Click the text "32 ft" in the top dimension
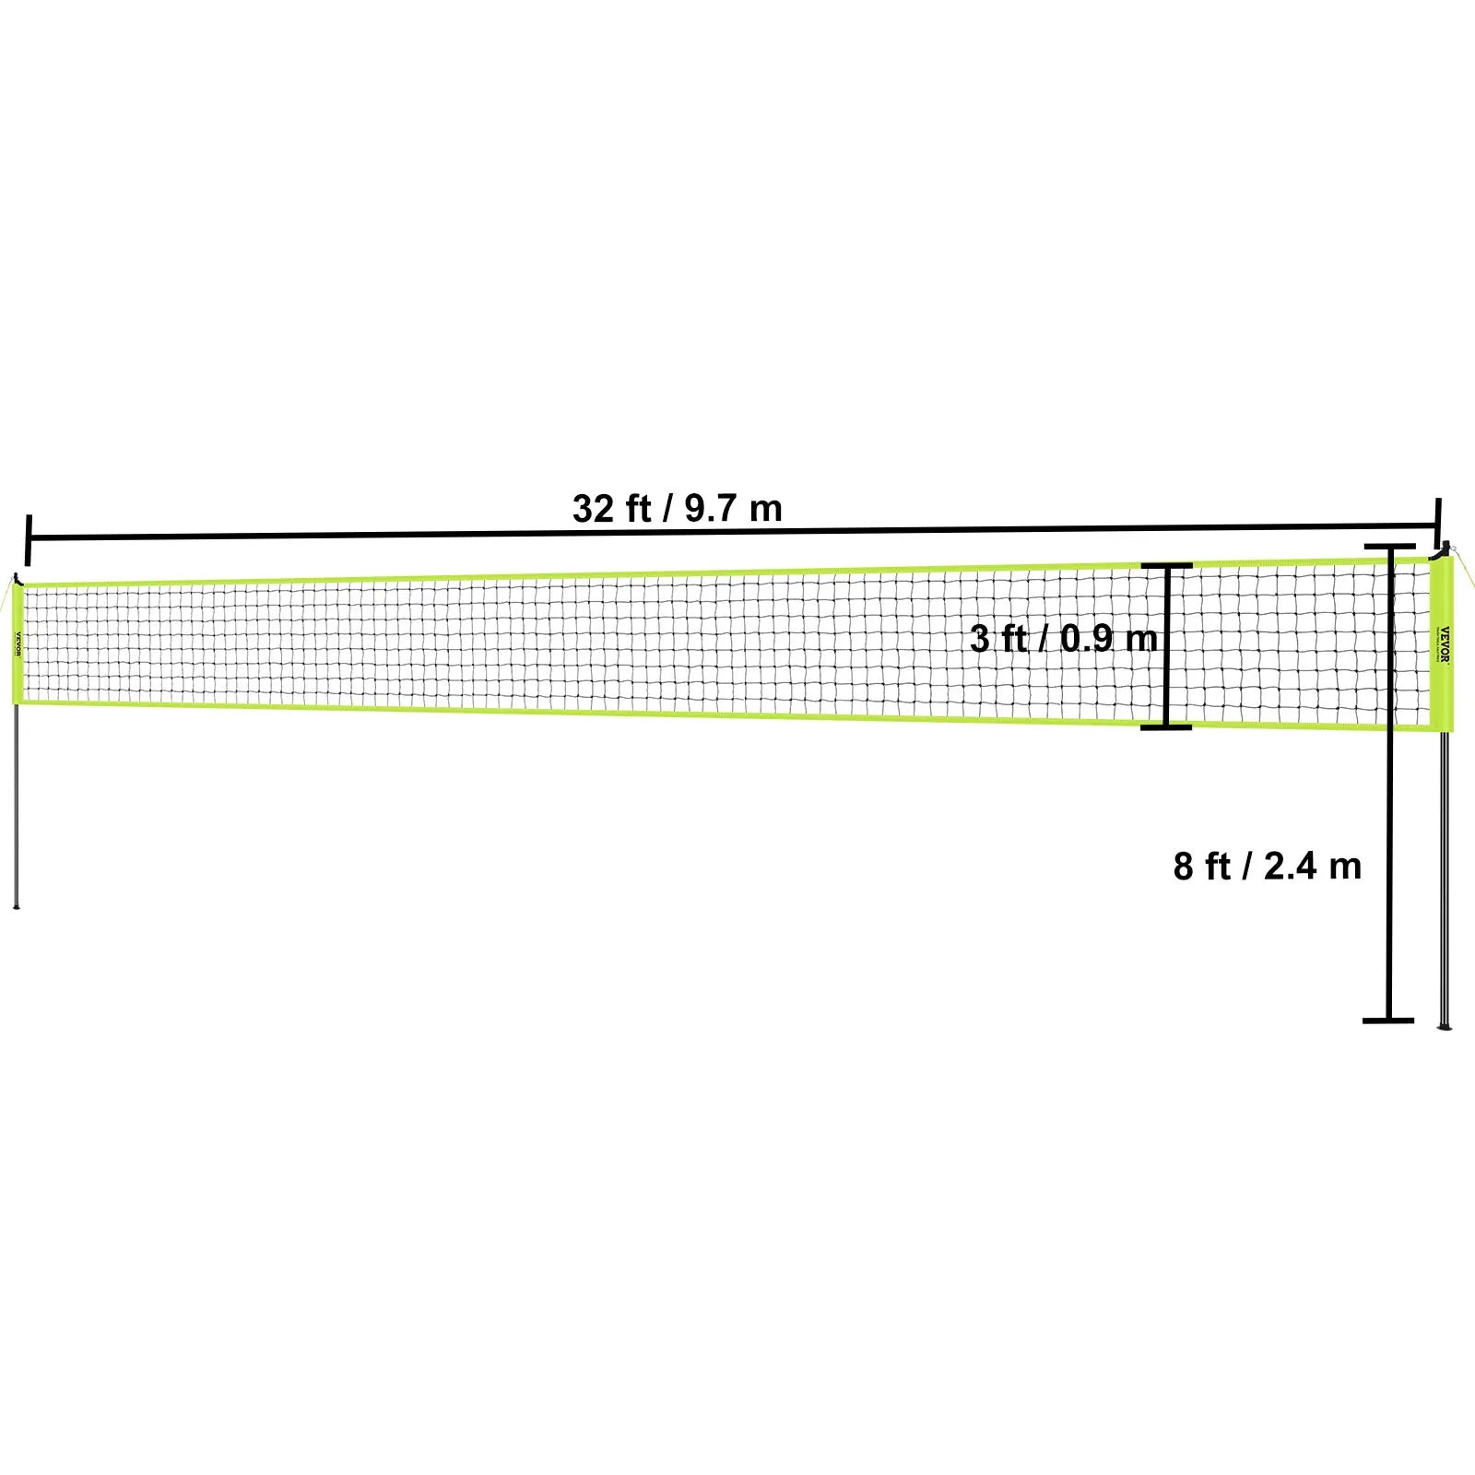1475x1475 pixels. [611, 508]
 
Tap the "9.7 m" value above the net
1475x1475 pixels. [733, 508]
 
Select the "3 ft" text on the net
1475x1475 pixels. [998, 638]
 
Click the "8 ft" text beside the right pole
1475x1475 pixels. [1202, 867]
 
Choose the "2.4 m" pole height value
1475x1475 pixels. [1313, 867]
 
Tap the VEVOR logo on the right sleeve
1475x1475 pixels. [1445, 643]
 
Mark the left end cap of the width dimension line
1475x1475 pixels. [29, 539]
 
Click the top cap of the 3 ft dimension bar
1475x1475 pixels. [1166, 565]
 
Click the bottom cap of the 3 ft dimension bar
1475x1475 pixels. [1166, 727]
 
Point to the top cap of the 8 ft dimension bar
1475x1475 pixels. [1389, 547]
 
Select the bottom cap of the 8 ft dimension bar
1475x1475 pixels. [1388, 1021]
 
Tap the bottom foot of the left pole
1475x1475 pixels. [16, 905]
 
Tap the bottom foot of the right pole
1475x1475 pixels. [1444, 1024]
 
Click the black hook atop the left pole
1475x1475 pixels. [19, 579]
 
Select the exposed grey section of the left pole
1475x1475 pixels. [17, 802]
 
